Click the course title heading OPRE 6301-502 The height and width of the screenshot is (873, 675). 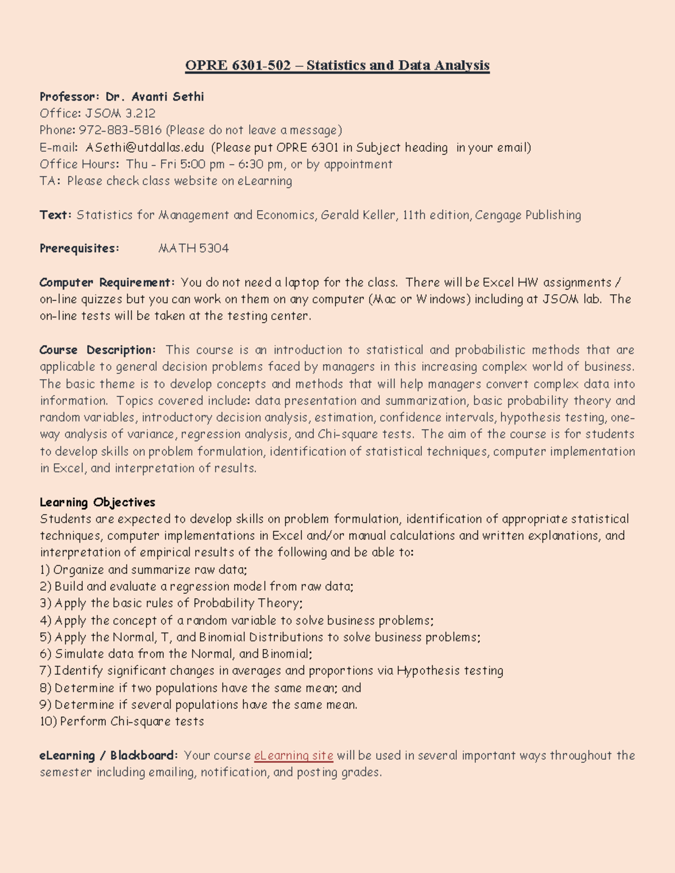coord(337,66)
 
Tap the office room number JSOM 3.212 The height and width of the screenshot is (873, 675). coord(120,114)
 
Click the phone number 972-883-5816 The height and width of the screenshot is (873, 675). coord(120,130)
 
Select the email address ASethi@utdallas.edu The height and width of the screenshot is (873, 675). coord(145,148)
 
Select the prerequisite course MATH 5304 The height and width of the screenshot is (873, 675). coord(193,248)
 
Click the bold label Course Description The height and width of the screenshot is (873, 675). coord(97,350)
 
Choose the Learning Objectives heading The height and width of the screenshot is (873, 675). coord(97,502)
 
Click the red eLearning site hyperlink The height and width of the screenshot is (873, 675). coord(294,756)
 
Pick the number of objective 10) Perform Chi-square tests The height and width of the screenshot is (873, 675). coord(48,721)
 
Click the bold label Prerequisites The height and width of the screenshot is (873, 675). coord(79,248)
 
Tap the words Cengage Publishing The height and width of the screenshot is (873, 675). coord(528,215)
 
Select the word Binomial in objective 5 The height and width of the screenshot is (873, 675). coord(222,637)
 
